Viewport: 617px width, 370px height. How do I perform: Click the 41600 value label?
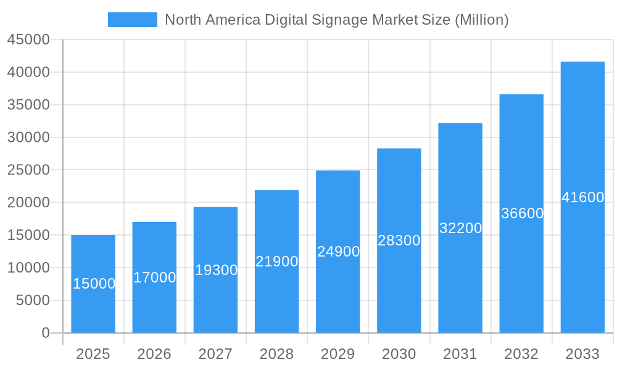[x=582, y=197]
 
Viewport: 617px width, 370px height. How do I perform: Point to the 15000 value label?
[x=94, y=284]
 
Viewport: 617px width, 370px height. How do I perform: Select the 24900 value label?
[x=338, y=252]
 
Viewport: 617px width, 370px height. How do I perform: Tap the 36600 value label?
[x=522, y=213]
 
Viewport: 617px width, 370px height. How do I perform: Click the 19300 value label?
[x=216, y=270]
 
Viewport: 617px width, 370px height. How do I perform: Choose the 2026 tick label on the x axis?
[x=154, y=354]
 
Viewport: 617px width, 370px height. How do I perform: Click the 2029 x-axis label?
[x=338, y=354]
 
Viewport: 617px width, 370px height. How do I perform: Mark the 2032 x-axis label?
[x=521, y=354]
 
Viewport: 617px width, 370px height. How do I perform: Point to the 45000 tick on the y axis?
[x=28, y=39]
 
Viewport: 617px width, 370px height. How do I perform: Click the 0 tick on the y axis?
[x=46, y=333]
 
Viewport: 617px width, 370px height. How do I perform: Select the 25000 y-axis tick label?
[x=28, y=170]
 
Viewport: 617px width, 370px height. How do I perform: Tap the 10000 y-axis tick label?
[x=28, y=268]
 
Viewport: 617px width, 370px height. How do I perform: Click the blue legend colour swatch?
[x=133, y=20]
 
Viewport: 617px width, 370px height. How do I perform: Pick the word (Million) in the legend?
[x=481, y=20]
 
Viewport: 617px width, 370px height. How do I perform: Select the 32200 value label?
[x=460, y=228]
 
